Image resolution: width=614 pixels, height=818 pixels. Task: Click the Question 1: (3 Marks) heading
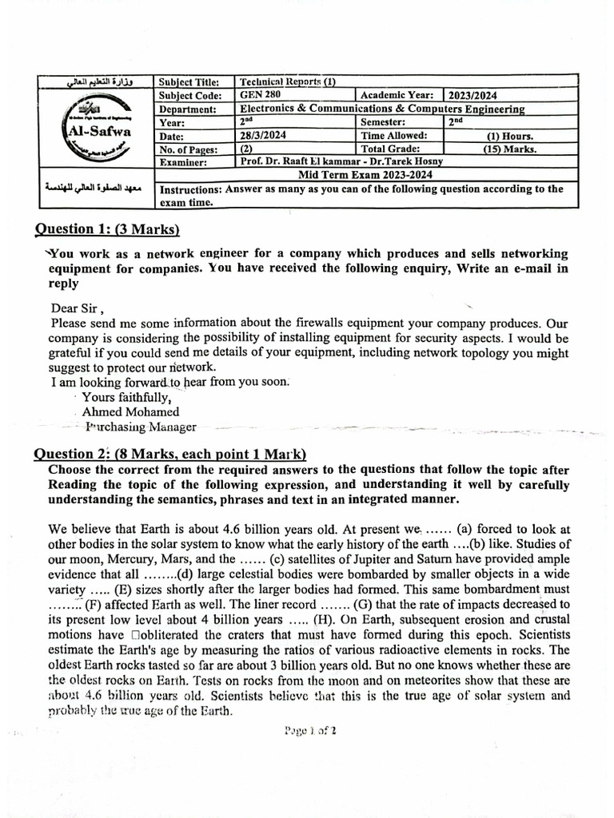pos(107,229)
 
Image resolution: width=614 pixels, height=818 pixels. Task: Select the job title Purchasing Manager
pos(140,427)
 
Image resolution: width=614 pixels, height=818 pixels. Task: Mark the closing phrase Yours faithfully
pos(126,397)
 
